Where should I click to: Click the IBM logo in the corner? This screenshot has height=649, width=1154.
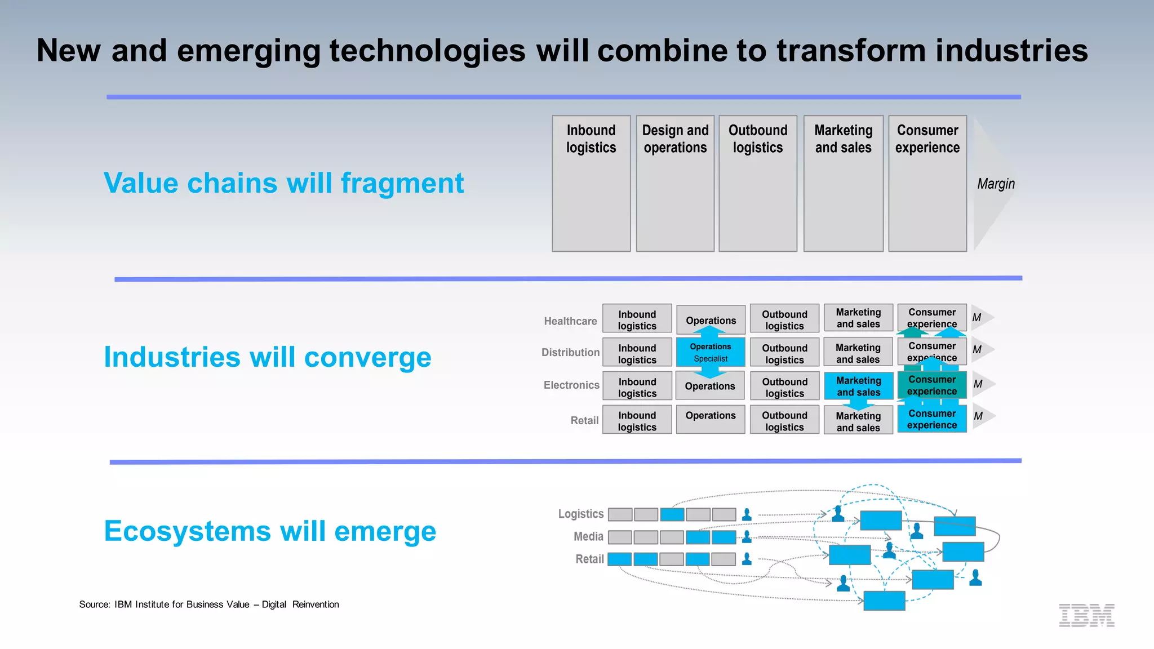pos(1086,615)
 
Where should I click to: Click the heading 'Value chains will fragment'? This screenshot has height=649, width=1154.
pos(283,183)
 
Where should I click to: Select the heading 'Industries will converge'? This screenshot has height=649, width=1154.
pos(268,357)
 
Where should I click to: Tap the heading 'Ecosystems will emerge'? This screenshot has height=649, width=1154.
pos(270,531)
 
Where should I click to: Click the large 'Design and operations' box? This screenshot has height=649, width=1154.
pos(675,183)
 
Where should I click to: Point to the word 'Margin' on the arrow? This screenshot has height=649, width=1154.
pos(996,184)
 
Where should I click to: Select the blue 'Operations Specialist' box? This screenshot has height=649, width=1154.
pos(711,352)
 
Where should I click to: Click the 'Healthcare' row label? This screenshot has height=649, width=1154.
pos(570,321)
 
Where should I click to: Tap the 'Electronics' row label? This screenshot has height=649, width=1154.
pos(571,385)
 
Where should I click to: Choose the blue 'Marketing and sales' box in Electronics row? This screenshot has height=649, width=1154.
pos(858,386)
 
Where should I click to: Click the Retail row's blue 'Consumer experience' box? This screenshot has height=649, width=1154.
pos(932,419)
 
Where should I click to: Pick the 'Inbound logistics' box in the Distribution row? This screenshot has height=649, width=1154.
pos(637,354)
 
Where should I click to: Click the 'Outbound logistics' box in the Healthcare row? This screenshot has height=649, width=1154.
pos(784,319)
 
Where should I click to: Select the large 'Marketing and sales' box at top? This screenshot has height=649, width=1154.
pos(843,183)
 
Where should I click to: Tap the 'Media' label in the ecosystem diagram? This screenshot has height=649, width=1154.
pos(588,536)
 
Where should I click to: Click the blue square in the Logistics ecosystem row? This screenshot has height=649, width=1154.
pos(672,514)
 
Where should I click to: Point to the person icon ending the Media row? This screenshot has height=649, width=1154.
pos(747,537)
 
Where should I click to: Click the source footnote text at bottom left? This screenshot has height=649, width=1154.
pos(209,604)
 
